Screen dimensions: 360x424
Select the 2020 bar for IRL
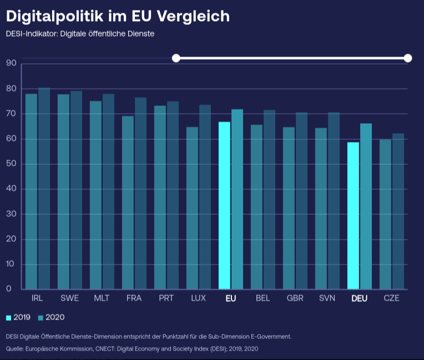[x=44, y=189]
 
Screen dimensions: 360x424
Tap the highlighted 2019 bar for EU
[x=224, y=205]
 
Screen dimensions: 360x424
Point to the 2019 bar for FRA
[x=128, y=202]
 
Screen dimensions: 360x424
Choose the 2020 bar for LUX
[x=205, y=197]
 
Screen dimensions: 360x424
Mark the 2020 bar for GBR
[x=301, y=201]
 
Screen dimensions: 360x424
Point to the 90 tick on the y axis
[x=11, y=63]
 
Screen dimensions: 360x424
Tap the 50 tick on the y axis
[x=11, y=164]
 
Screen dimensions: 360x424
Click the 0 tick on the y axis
[x=9, y=289]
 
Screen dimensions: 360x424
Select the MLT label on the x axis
[x=102, y=298]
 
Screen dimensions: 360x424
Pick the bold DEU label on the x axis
[x=360, y=298]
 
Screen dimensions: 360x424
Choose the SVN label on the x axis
[x=327, y=298]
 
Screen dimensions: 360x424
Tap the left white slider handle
[x=176, y=58]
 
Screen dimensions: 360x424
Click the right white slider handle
[x=408, y=58]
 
